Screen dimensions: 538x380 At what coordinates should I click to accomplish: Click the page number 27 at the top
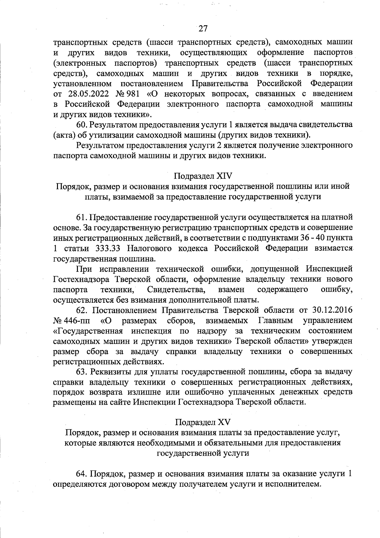[x=203, y=29]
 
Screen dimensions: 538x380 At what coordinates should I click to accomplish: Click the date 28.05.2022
[x=88, y=94]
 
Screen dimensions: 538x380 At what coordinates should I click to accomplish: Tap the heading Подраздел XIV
[x=203, y=176]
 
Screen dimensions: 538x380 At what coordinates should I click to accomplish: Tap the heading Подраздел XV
[x=203, y=422]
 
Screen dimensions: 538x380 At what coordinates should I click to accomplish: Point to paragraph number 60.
[x=82, y=125]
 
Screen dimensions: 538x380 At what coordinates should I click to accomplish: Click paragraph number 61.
[x=82, y=218]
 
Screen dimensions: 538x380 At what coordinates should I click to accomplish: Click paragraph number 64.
[x=82, y=474]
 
